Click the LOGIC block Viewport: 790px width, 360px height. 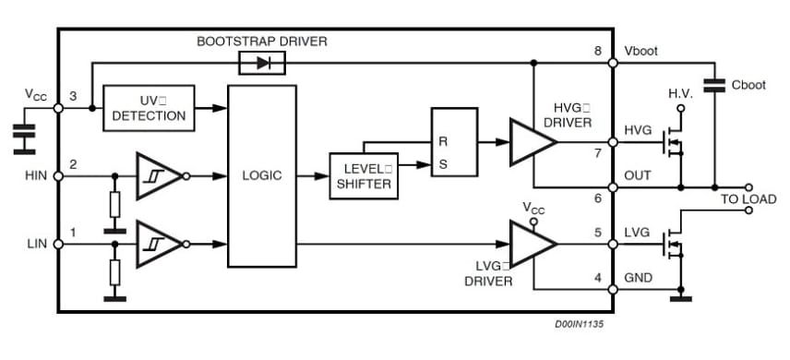click(x=261, y=175)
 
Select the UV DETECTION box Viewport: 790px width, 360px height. click(x=149, y=108)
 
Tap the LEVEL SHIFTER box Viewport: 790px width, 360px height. click(x=364, y=175)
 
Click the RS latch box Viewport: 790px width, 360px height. click(x=454, y=141)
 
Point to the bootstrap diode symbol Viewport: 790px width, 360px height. click(x=261, y=63)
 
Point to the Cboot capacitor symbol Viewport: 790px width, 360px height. click(x=714, y=85)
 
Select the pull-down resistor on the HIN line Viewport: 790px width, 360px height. click(x=114, y=203)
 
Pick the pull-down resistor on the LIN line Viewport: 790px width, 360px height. click(x=114, y=271)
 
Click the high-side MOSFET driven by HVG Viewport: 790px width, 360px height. click(x=675, y=142)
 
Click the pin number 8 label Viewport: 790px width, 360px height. click(x=597, y=52)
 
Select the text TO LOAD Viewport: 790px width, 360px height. click(x=748, y=199)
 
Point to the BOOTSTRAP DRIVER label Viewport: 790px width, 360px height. click(x=262, y=42)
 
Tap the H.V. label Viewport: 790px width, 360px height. click(x=679, y=93)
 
